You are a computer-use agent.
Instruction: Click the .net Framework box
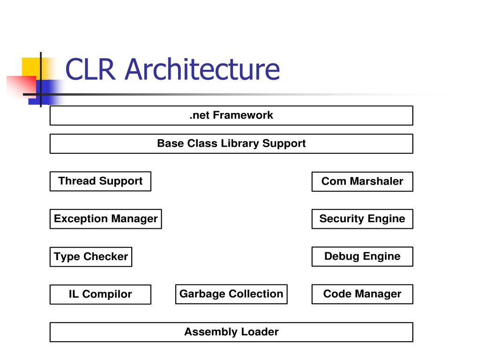(x=232, y=115)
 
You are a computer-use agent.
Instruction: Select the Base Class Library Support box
(x=232, y=143)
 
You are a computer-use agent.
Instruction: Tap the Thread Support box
(x=100, y=181)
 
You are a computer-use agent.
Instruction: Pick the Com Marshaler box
(x=362, y=181)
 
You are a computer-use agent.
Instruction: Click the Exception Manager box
(x=105, y=219)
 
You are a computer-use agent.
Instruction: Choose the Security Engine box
(x=362, y=219)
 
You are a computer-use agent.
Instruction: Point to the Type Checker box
(x=91, y=257)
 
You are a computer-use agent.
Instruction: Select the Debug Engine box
(x=362, y=256)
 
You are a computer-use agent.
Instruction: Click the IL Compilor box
(x=100, y=294)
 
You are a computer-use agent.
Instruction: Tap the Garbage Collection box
(x=232, y=294)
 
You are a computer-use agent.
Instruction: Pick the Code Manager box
(x=362, y=294)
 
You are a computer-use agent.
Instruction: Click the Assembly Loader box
(x=232, y=332)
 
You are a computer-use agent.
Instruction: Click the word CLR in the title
(x=90, y=69)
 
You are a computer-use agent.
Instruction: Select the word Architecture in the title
(x=202, y=69)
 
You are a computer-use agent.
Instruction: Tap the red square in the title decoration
(x=22, y=87)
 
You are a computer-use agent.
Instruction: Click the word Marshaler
(x=376, y=181)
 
